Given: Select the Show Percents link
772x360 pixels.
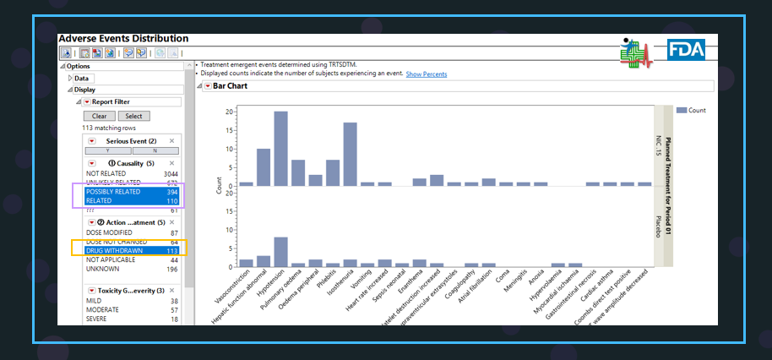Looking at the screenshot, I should (x=427, y=74).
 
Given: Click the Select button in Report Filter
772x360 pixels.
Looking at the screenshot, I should (x=132, y=116).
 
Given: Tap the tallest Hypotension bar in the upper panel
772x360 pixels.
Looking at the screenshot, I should (x=280, y=148).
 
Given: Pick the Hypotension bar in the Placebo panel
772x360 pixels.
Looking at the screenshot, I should (x=280, y=251).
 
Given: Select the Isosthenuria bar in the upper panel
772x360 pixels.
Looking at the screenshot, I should (x=350, y=154).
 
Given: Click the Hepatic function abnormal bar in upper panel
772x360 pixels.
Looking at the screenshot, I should (x=264, y=166).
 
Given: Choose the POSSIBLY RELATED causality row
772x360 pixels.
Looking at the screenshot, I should (x=131, y=192).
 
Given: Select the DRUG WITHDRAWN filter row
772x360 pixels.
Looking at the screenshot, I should (x=131, y=250).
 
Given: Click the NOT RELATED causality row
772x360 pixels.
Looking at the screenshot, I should (x=131, y=172).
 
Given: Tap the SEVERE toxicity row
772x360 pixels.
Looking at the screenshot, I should (x=131, y=319).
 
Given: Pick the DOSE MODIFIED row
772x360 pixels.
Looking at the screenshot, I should (x=131, y=232).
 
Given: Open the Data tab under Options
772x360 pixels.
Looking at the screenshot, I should (x=82, y=78).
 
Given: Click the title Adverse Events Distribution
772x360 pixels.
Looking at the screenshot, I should (x=123, y=39).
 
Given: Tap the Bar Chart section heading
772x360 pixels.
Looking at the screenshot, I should (x=230, y=86).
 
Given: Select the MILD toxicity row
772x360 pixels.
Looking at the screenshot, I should (x=131, y=301).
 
